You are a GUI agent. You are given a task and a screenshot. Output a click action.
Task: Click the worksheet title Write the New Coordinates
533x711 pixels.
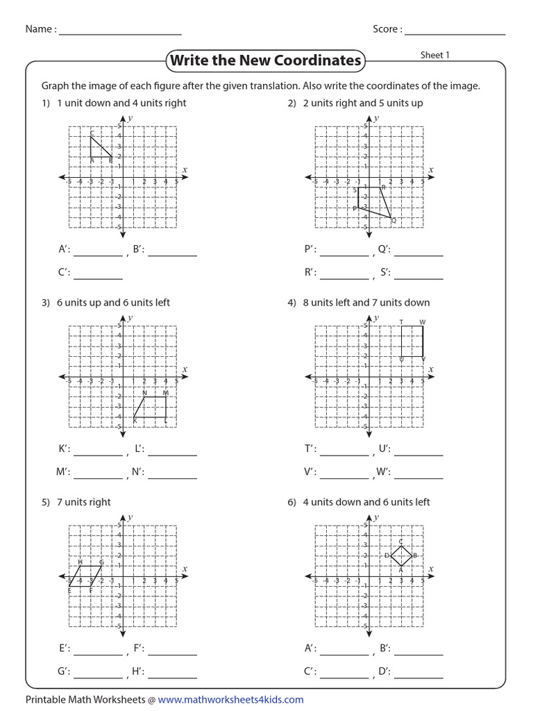[x=266, y=60]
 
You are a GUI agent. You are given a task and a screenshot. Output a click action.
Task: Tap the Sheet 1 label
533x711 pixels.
[x=435, y=56]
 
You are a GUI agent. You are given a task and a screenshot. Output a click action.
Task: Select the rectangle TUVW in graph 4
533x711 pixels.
[x=412, y=342]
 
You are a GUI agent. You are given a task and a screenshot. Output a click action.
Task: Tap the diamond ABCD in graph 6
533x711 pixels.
[x=401, y=555]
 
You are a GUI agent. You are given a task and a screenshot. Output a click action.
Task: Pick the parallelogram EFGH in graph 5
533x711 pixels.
[x=85, y=576]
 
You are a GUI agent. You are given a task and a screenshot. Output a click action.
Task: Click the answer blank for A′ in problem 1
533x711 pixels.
[x=98, y=254]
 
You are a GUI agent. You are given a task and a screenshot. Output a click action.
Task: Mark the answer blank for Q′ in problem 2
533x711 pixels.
[x=418, y=254]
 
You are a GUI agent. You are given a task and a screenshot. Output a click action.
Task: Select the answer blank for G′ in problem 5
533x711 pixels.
[x=98, y=676]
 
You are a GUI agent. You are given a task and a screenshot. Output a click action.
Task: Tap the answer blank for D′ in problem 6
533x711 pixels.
[x=418, y=676]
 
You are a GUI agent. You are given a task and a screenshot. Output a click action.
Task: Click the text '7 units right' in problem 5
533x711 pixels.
[x=85, y=502]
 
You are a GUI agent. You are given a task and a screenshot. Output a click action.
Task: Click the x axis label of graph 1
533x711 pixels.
[x=185, y=169]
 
